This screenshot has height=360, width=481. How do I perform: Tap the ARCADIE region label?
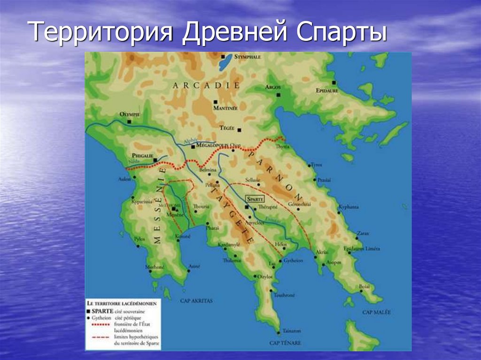point(206,85)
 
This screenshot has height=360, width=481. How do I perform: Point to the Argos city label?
point(272,88)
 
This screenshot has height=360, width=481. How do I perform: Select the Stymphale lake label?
point(248,56)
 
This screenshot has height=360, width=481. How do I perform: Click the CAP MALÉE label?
point(376,312)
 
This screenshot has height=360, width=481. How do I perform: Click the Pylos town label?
point(140,238)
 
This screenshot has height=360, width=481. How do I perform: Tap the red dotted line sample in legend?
point(98,324)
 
